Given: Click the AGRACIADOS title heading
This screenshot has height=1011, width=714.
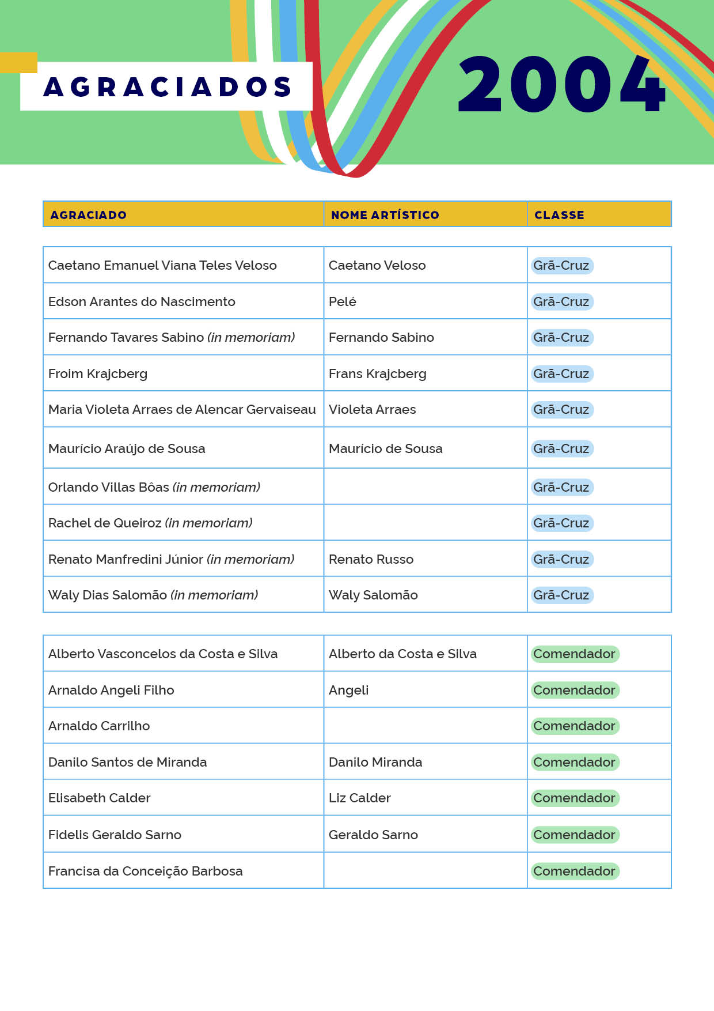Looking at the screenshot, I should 167,86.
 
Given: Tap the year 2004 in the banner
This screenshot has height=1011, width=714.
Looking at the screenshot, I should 561,84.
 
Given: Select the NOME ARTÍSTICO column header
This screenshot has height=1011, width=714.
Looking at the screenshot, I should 385,215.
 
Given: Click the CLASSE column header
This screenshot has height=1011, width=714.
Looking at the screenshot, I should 559,215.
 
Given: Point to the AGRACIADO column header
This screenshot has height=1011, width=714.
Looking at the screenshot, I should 88,215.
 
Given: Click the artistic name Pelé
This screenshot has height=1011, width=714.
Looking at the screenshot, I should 343,301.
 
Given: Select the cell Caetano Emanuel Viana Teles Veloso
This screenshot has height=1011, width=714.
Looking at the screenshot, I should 162,265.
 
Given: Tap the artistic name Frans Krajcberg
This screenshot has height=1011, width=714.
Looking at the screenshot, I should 377,374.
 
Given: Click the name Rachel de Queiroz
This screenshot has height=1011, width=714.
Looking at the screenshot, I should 105,523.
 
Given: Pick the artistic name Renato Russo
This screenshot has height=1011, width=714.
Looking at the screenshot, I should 371,559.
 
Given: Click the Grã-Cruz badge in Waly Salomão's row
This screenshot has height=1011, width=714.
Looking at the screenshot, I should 561,595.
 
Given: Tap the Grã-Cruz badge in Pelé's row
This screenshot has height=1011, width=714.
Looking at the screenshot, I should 561,301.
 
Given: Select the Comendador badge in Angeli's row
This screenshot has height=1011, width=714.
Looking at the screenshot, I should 574,690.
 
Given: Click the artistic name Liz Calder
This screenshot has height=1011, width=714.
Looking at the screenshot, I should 359,798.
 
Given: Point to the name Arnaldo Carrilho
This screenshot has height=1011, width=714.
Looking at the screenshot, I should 99,726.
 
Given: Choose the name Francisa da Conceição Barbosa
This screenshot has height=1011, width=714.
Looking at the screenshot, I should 145,871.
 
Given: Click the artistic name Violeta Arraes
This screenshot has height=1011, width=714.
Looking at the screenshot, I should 372,409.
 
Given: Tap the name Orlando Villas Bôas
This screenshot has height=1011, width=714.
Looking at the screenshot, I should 109,487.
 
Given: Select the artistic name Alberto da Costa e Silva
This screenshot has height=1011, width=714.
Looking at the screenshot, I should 402,654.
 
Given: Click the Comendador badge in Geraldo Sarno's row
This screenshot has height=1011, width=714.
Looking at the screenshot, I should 574,835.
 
